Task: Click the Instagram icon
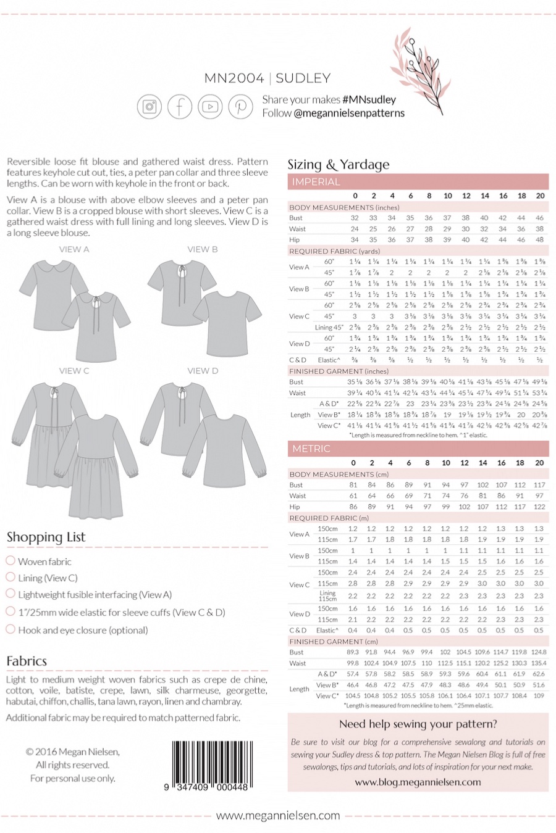149,107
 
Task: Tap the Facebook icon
180,107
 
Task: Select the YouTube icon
210,107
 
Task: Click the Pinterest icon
240,107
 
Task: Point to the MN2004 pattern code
234,78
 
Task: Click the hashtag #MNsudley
369,99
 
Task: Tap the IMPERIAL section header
316,182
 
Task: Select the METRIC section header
311,449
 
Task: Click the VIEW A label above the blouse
74,249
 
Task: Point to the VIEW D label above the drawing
203,371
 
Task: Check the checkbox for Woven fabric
11,561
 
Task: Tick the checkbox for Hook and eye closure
11,629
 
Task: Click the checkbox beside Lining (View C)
11,578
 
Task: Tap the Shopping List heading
46,537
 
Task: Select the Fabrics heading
27,661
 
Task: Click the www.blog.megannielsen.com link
418,782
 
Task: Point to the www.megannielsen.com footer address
278,815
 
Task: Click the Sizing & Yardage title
339,164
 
